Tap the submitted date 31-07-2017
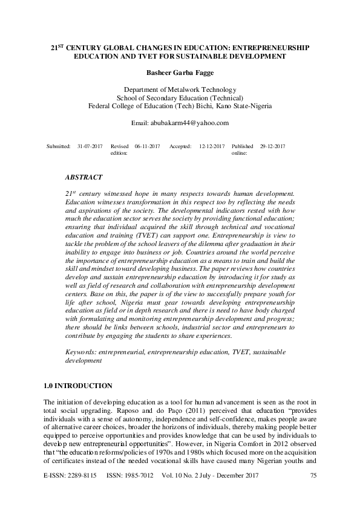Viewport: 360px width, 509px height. tap(90, 147)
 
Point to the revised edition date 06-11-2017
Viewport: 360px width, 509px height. tap(147, 147)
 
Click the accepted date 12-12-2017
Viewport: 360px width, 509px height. tap(212, 147)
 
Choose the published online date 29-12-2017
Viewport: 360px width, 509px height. tap(272, 147)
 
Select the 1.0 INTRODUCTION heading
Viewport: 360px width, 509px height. tap(78, 386)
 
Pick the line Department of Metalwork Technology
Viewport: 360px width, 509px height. tap(180, 89)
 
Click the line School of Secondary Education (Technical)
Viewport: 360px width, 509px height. tap(180, 97)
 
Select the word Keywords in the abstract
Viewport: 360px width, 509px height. tap(79, 351)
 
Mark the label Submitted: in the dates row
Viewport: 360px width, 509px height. tap(59, 147)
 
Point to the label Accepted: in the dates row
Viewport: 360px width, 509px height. tap(180, 147)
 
